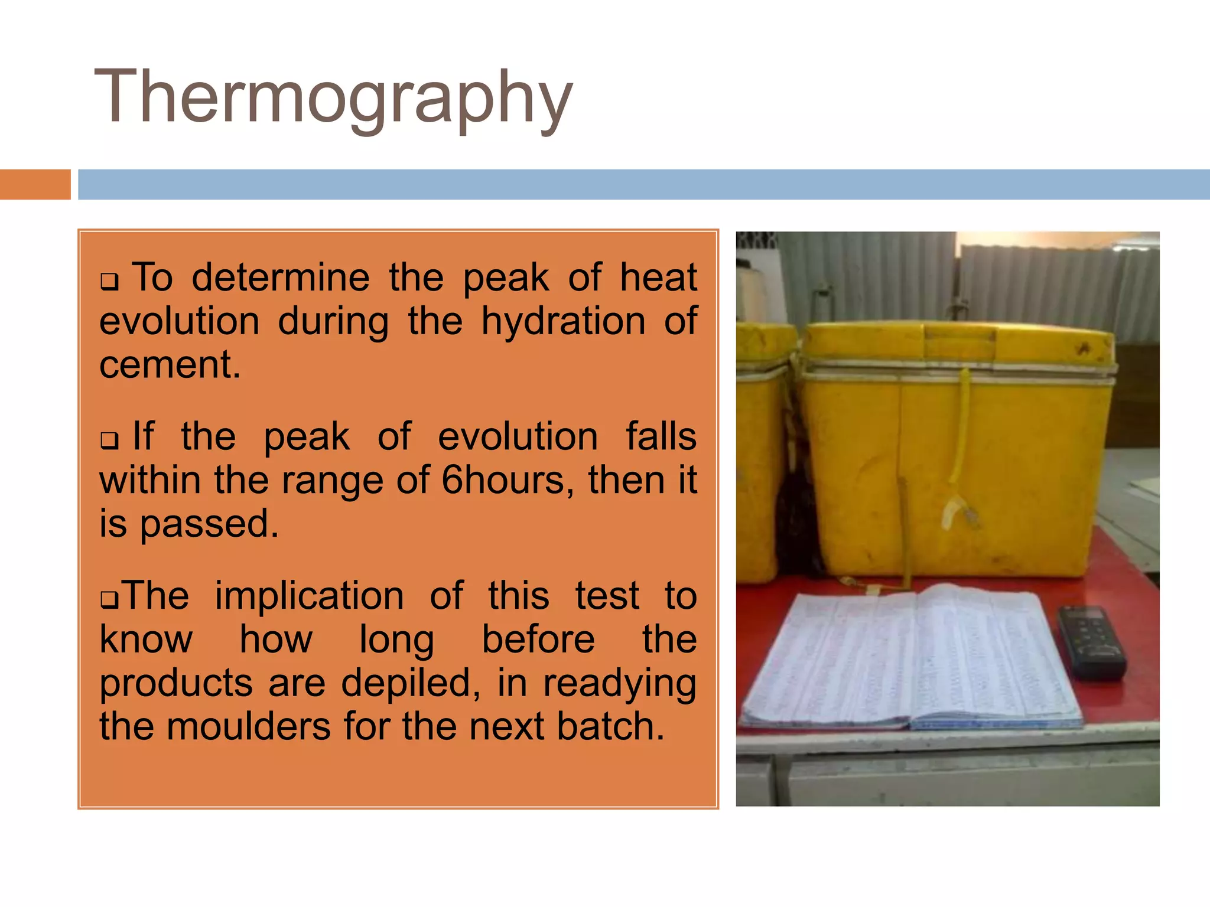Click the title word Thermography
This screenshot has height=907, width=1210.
[333, 97]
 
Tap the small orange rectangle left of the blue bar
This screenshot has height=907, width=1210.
[35, 184]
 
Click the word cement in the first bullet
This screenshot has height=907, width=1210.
[170, 364]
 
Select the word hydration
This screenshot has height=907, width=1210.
[563, 322]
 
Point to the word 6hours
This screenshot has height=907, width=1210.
[508, 480]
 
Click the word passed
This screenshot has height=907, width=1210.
[209, 524]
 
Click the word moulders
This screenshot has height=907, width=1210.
[248, 726]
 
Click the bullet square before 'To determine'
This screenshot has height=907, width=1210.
[109, 281]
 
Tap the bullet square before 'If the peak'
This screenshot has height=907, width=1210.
[109, 441]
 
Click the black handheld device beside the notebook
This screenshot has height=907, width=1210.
[1091, 642]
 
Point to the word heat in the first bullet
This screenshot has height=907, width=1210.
[658, 278]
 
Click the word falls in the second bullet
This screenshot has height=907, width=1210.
[661, 437]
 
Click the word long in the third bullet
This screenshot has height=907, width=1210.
[396, 640]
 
